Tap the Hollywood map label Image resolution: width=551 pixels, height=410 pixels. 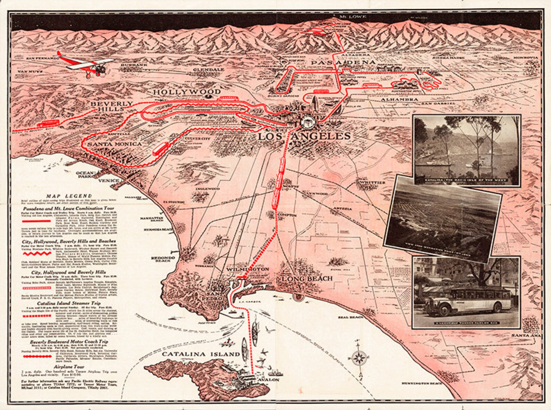pyautogui.click(x=187, y=92)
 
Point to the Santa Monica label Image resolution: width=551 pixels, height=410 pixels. pyautogui.click(x=115, y=144)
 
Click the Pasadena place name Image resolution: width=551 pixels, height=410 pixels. pyautogui.click(x=343, y=62)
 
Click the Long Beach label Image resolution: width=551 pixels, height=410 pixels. pyautogui.click(x=307, y=279)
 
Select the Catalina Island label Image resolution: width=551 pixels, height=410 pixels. pyautogui.click(x=201, y=354)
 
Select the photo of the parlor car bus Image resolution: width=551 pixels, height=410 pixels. pyautogui.click(x=466, y=292)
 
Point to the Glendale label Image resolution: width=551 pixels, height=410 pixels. pyautogui.click(x=209, y=69)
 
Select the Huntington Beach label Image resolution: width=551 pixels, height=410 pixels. pyautogui.click(x=422, y=383)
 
